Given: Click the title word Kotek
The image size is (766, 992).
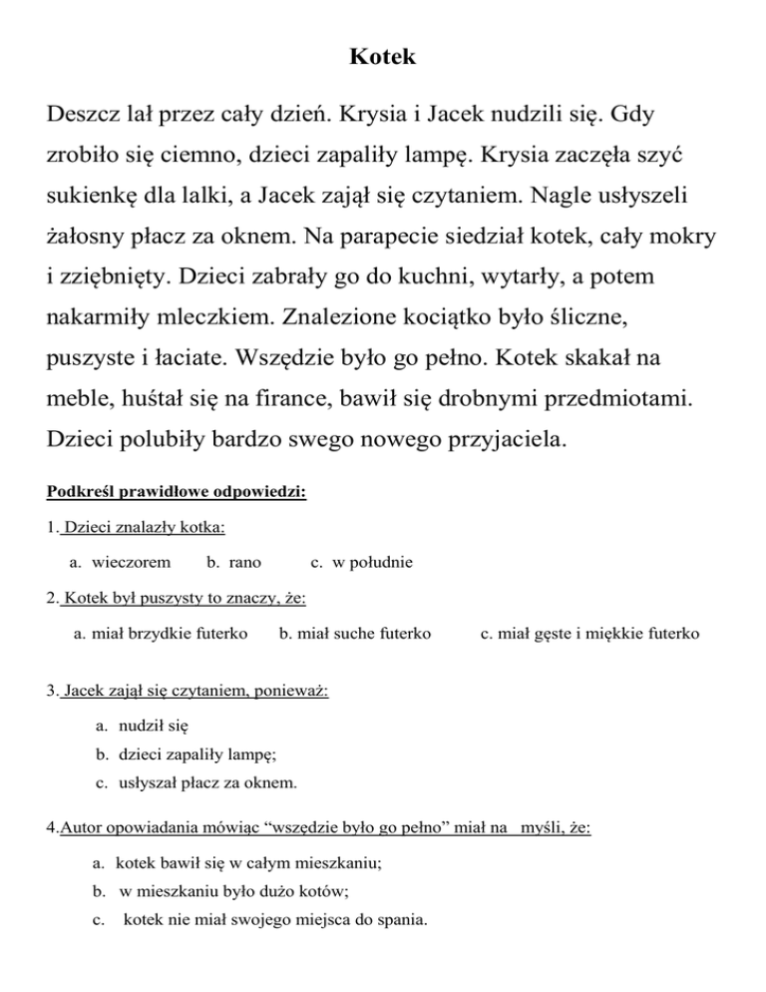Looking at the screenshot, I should point(383,58).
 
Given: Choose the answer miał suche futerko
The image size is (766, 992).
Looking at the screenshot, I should point(363,632).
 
